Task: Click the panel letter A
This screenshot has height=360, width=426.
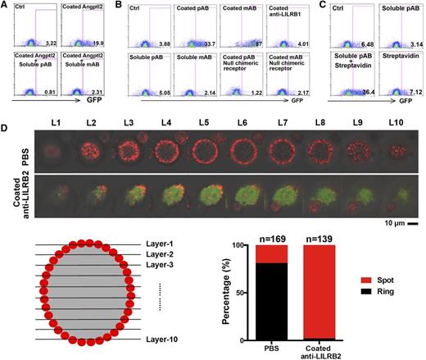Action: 6,6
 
